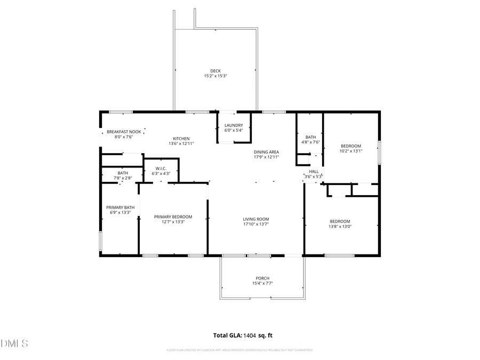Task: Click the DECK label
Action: coord(215,70)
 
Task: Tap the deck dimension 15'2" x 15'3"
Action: coord(215,76)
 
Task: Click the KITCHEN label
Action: coord(181,139)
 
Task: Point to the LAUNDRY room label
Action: coord(234,125)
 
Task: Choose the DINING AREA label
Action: coord(266,152)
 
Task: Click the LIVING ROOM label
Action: coord(256,219)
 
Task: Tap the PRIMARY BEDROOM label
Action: coord(173,217)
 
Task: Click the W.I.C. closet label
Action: coord(161,168)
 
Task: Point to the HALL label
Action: coord(314,171)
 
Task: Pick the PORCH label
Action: coord(262,278)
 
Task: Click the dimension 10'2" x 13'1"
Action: coord(351,151)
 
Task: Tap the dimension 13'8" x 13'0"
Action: coord(340,227)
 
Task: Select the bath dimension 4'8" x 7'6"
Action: coord(310,142)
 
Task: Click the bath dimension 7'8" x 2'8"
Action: coord(123,178)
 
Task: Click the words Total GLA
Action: coord(228,335)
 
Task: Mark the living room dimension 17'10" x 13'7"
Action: coord(256,224)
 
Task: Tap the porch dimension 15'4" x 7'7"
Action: coord(262,283)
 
